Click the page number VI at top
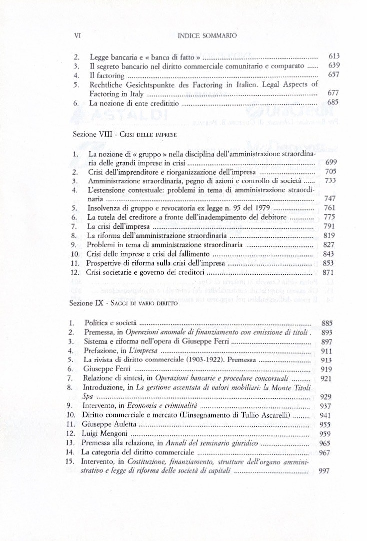77,36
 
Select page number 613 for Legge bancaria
334,57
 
